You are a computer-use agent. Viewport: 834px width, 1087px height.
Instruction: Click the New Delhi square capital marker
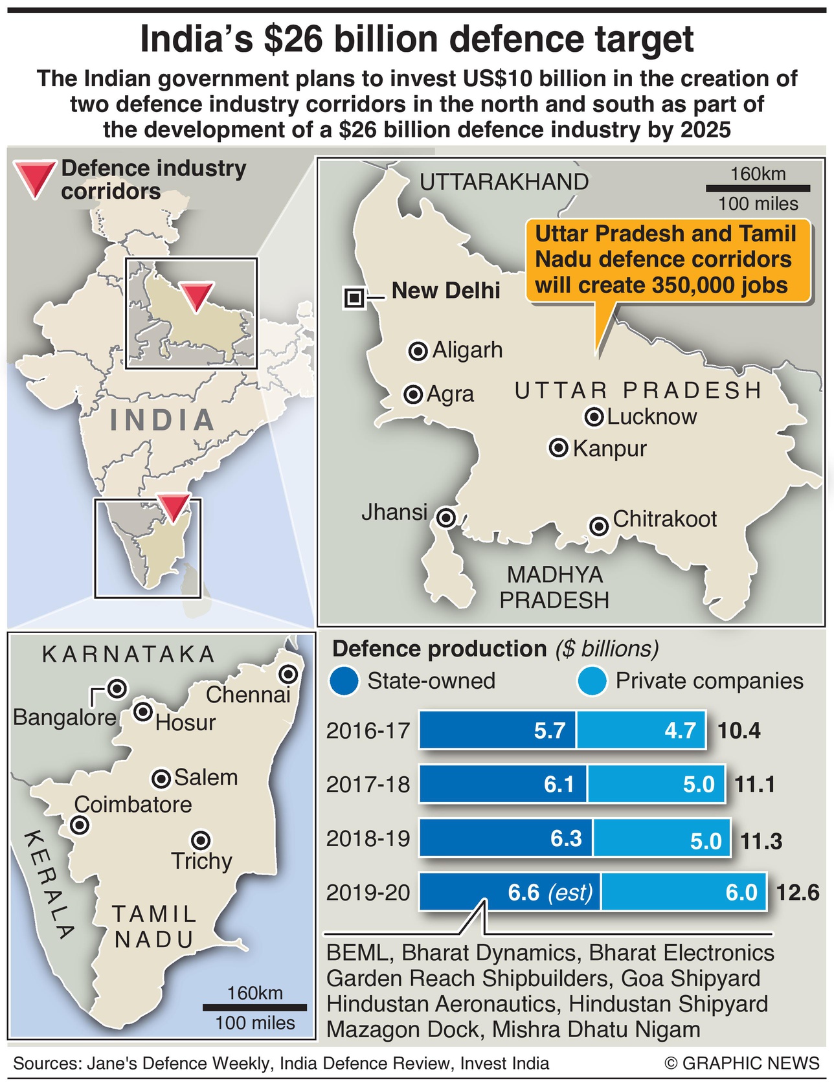pyautogui.click(x=354, y=298)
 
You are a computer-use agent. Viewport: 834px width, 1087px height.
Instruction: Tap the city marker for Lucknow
pyautogui.click(x=594, y=417)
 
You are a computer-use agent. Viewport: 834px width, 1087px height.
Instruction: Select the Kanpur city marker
pyautogui.click(x=558, y=448)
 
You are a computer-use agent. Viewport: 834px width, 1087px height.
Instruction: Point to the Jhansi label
pyautogui.click(x=394, y=512)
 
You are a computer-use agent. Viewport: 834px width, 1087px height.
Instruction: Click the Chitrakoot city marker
pyautogui.click(x=599, y=526)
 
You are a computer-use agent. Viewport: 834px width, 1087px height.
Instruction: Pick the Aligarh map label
pyautogui.click(x=467, y=350)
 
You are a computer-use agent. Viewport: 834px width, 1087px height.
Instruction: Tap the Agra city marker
pyautogui.click(x=413, y=394)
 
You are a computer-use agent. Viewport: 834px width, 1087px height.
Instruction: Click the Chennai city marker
pyautogui.click(x=288, y=675)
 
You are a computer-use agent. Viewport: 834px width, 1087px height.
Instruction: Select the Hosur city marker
pyautogui.click(x=142, y=712)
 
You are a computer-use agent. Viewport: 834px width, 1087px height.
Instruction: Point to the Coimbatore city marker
pyautogui.click(x=80, y=825)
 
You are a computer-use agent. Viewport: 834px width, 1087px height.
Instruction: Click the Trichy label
pyautogui.click(x=201, y=861)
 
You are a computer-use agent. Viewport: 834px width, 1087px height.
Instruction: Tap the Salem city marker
pyautogui.click(x=161, y=779)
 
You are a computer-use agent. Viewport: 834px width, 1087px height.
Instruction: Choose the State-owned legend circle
pyautogui.click(x=344, y=682)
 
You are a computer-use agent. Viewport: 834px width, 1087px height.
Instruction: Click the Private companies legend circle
pyautogui.click(x=592, y=682)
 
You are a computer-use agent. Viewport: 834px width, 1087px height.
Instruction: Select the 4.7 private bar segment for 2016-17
pyautogui.click(x=641, y=730)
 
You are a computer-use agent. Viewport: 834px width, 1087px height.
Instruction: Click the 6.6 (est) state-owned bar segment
pyautogui.click(x=510, y=892)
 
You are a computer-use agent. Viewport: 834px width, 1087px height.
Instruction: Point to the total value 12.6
pyautogui.click(x=797, y=893)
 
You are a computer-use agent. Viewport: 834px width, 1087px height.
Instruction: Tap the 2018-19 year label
pyautogui.click(x=368, y=838)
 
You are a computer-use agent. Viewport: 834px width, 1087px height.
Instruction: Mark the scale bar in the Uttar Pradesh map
pyautogui.click(x=758, y=189)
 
